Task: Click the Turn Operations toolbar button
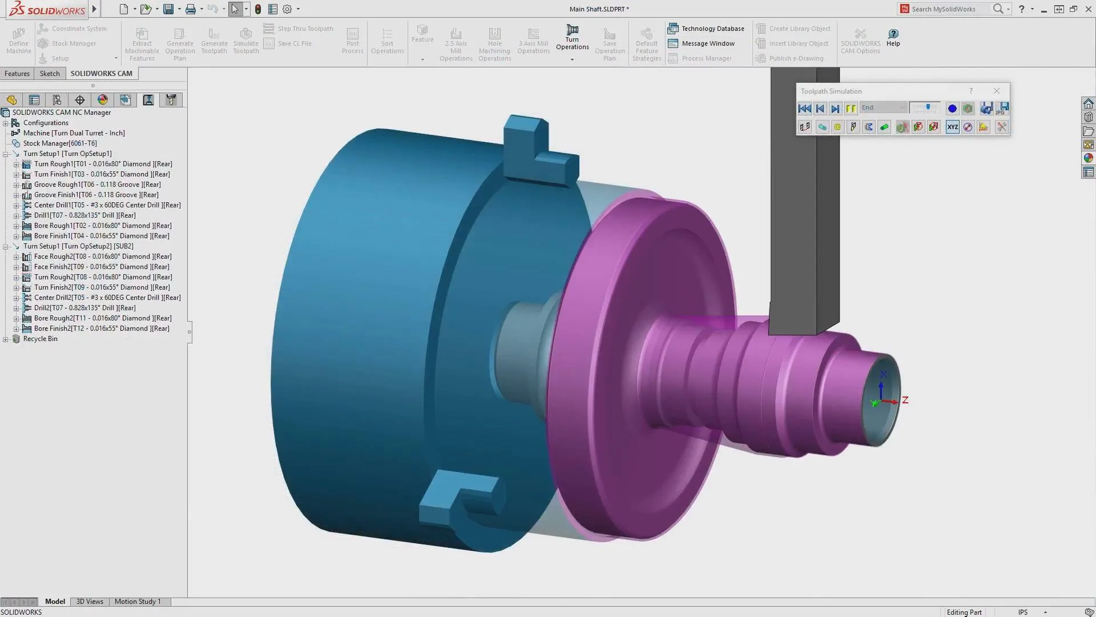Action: (572, 38)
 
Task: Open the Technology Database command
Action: (706, 29)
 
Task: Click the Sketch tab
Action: (50, 74)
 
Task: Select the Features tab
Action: (17, 74)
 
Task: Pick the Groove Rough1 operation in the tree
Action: (97, 185)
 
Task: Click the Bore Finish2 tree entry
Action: (101, 328)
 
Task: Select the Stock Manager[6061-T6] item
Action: (60, 143)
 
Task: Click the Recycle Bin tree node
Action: (40, 339)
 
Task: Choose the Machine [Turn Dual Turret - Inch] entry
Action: (74, 133)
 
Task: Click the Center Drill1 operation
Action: (107, 205)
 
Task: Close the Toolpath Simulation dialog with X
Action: (997, 91)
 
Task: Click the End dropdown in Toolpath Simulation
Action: (883, 108)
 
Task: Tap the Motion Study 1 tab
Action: (138, 602)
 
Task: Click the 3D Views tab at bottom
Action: (90, 602)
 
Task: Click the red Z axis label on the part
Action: (905, 400)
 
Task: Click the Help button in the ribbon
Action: (893, 38)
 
